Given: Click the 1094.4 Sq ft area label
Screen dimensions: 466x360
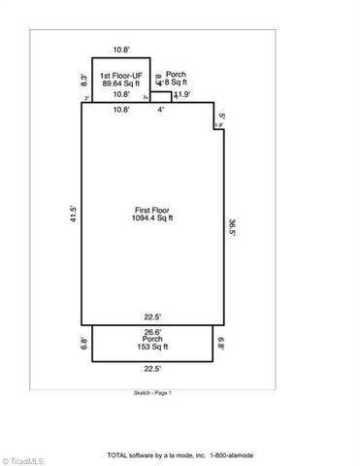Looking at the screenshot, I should (152, 218).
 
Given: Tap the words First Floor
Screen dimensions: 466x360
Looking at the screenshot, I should (152, 210).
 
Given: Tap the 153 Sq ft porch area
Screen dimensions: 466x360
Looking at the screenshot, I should (152, 347).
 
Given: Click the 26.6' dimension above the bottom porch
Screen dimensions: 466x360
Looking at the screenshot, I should (152, 331).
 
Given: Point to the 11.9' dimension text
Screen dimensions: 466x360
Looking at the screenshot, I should (181, 95).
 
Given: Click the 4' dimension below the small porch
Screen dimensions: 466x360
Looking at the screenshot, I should (161, 109).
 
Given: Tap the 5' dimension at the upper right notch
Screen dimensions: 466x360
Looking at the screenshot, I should (222, 116).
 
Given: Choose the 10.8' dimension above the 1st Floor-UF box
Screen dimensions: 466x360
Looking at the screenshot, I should (121, 49).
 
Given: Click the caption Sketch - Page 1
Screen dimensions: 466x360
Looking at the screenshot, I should (152, 392).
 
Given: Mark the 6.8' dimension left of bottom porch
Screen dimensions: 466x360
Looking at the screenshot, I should (84, 342).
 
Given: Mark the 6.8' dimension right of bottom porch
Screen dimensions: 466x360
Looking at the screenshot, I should (220, 342).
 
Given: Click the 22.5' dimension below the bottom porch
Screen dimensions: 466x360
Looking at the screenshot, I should (152, 368).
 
